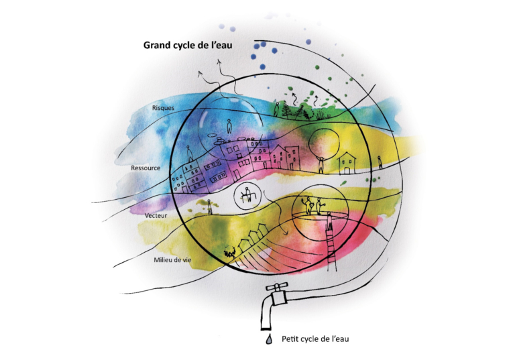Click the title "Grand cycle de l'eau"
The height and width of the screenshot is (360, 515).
pos(188,45)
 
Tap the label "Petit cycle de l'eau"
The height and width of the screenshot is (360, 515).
pos(315,339)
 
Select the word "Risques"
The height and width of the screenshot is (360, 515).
pos(163,108)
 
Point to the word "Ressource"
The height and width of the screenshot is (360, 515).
pos(146,168)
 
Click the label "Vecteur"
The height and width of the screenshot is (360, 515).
pos(156,215)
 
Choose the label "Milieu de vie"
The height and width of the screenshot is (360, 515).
pos(172,260)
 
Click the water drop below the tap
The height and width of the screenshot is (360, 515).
pos(269,339)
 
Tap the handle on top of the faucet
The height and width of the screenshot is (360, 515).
pos(277,287)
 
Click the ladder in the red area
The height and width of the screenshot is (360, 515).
pos(332,249)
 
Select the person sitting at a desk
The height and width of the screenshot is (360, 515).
pos(247,195)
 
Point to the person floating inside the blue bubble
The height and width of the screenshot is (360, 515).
pos(229,127)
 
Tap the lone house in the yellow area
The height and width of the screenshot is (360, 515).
pos(347,163)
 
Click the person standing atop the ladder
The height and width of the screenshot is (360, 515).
pos(329,221)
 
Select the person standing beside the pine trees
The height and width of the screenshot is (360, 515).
pos(276,109)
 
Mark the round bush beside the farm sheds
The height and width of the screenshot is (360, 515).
pos(229,252)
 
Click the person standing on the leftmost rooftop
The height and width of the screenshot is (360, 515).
pos(190,154)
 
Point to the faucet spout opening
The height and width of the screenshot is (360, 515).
pos(266,328)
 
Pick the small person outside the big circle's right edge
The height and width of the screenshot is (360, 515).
pos(380,163)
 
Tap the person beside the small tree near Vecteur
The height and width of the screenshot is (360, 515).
pos(209,207)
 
